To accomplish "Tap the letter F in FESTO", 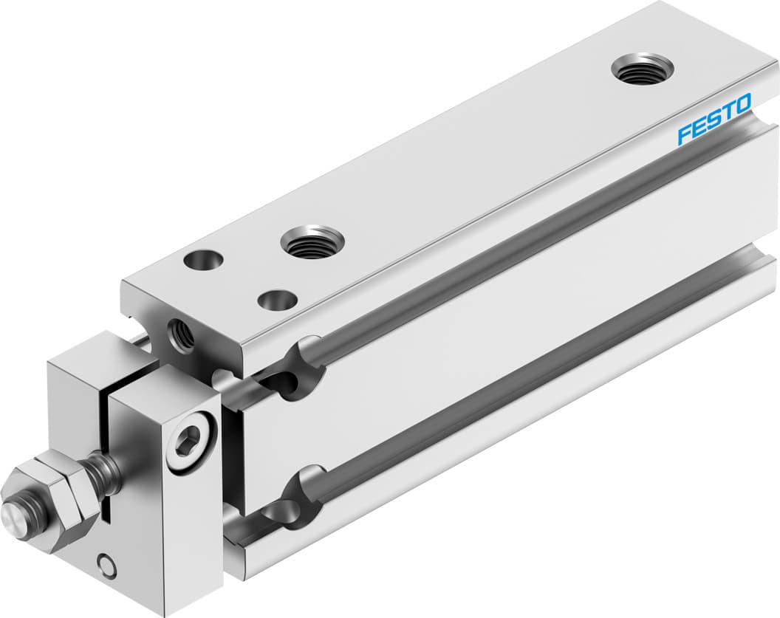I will tap(684, 135).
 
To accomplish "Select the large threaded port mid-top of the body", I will tap(312, 243).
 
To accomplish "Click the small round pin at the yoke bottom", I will tap(108, 566).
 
